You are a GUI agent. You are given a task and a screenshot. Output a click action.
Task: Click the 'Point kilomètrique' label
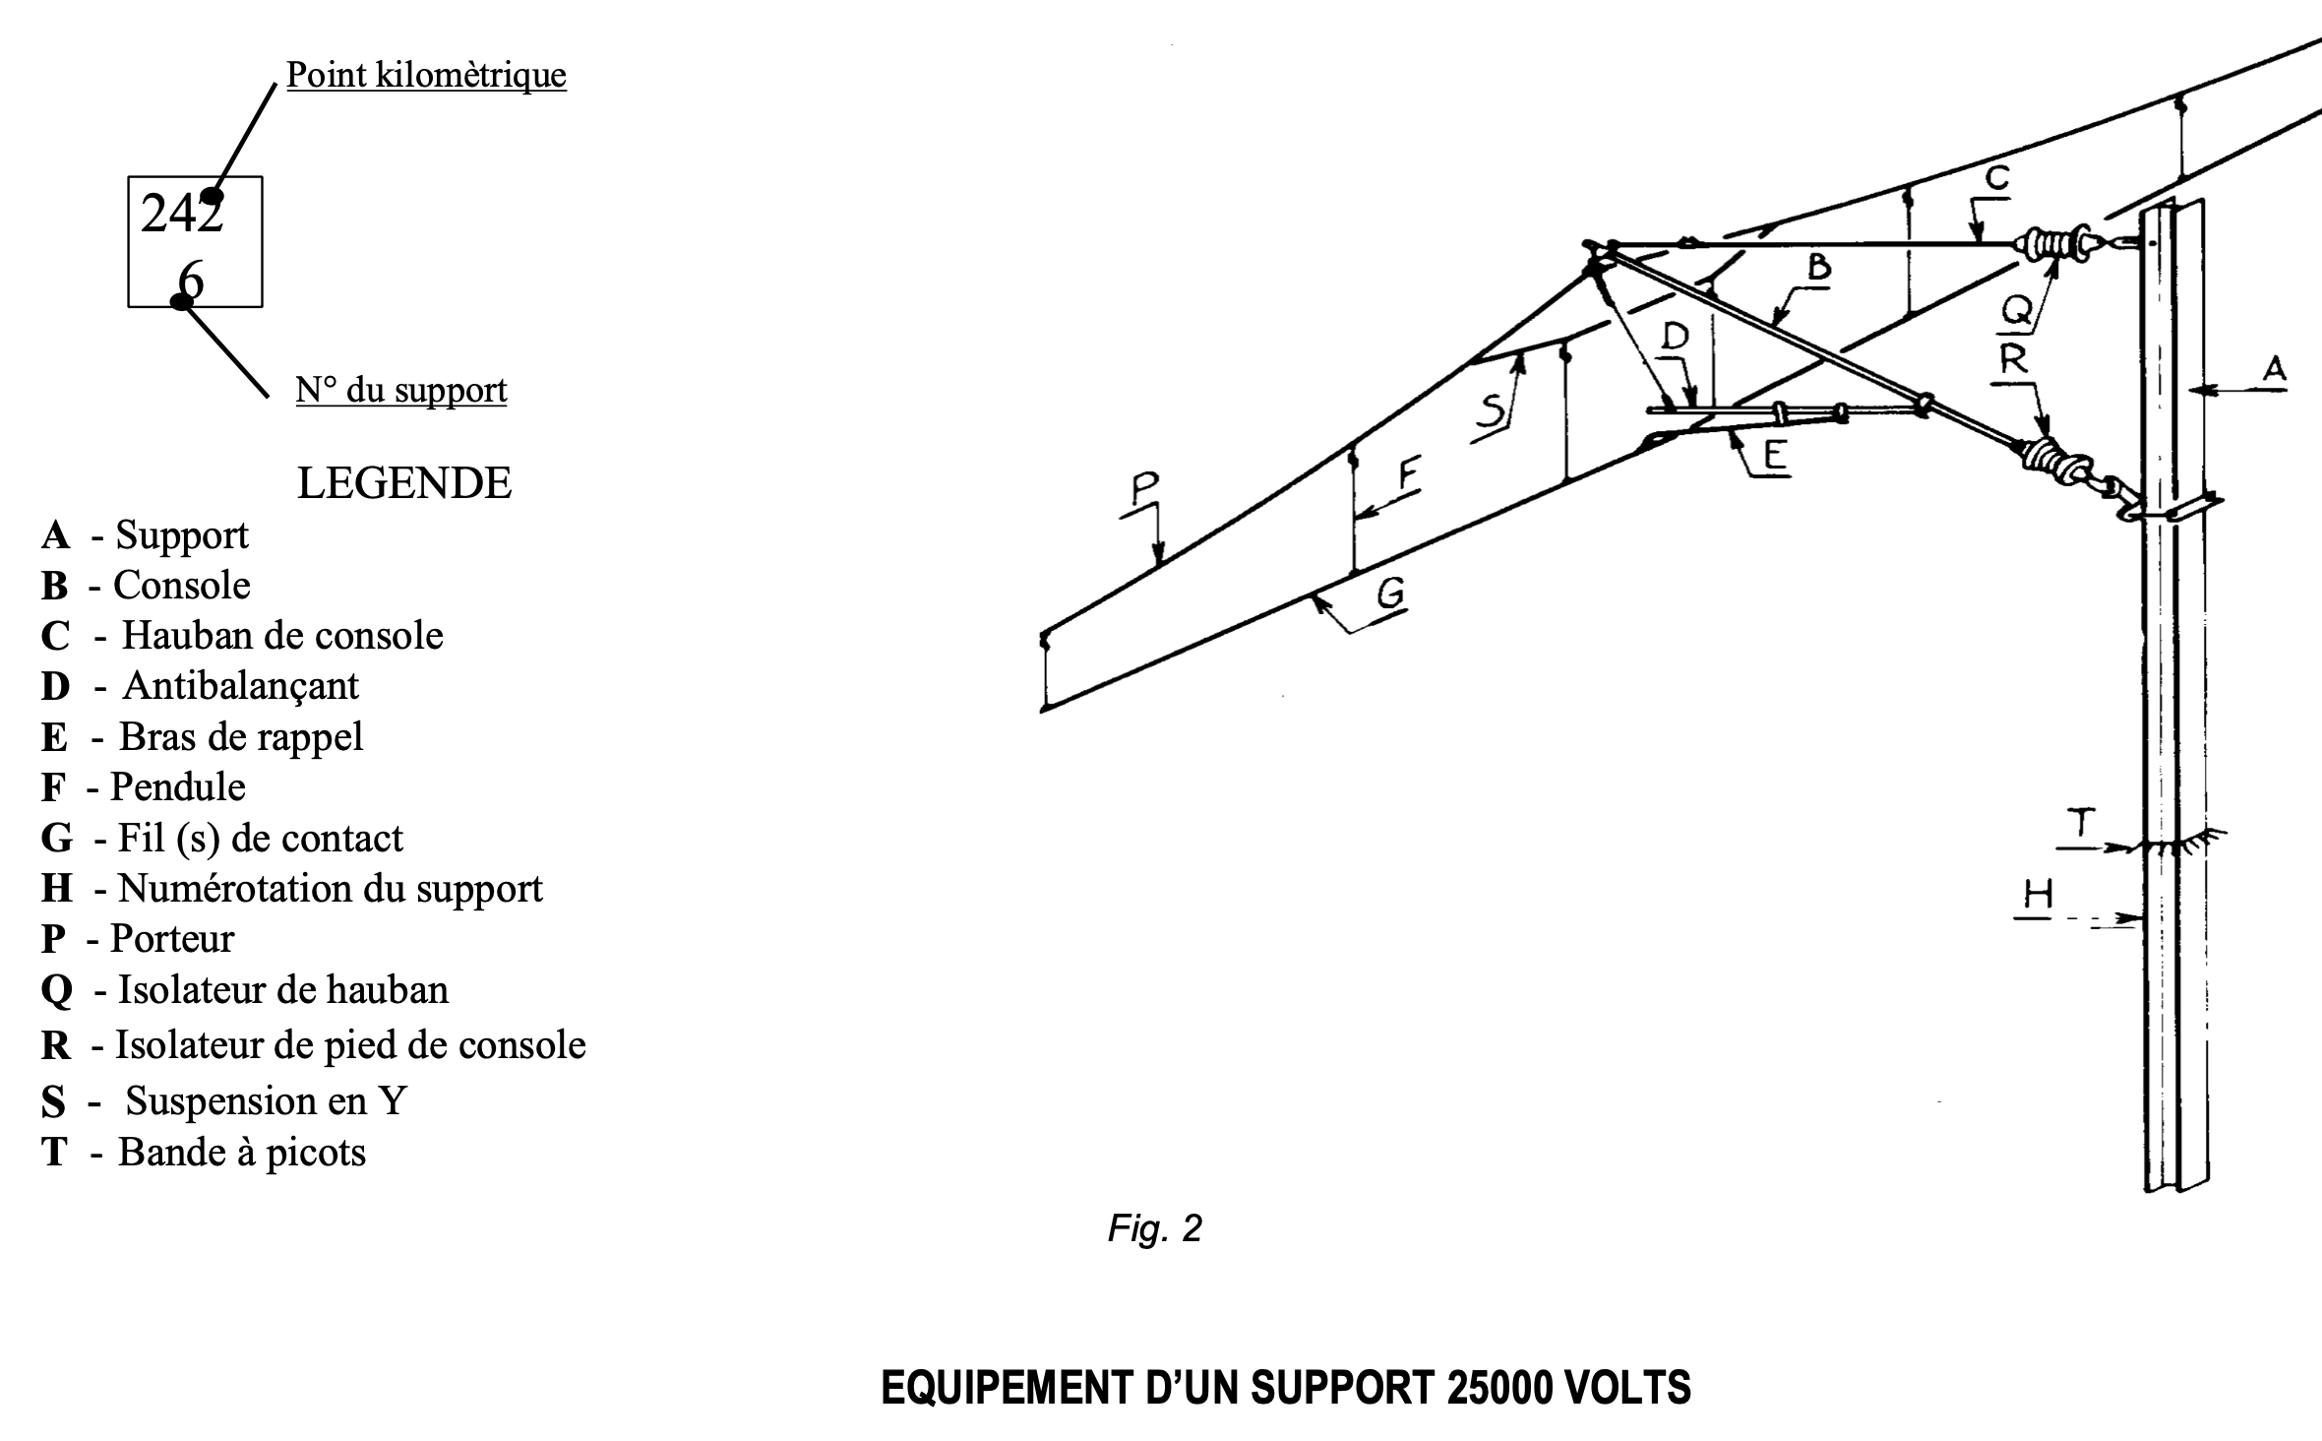pyautogui.click(x=426, y=75)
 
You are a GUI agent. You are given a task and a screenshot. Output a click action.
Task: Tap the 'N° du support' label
pyautogui.click(x=401, y=390)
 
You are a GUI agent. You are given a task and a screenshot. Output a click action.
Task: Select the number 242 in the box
pyautogui.click(x=182, y=214)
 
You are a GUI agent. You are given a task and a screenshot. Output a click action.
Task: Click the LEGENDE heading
pyautogui.click(x=404, y=483)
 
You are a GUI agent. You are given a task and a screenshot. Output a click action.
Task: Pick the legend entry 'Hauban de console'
pyautogui.click(x=281, y=636)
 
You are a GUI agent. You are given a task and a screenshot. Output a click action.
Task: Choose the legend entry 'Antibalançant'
pyautogui.click(x=240, y=686)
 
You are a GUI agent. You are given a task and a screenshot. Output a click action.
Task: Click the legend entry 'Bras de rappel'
pyautogui.click(x=240, y=736)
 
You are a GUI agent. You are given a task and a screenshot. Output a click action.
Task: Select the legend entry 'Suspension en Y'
pyautogui.click(x=266, y=1100)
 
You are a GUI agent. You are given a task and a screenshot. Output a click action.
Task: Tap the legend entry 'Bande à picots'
pyautogui.click(x=241, y=1152)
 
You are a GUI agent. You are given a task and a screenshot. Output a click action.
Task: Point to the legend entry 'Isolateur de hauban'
pyautogui.click(x=282, y=990)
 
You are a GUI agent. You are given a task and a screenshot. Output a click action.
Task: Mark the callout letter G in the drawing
pyautogui.click(x=1389, y=594)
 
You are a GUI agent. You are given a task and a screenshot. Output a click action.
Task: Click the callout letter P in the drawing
pyautogui.click(x=1144, y=487)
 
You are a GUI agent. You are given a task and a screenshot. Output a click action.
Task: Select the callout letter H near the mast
pyautogui.click(x=2038, y=896)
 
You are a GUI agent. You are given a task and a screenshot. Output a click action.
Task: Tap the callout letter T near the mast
pyautogui.click(x=2081, y=823)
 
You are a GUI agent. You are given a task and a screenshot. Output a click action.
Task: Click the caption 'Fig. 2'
pyautogui.click(x=1154, y=1228)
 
